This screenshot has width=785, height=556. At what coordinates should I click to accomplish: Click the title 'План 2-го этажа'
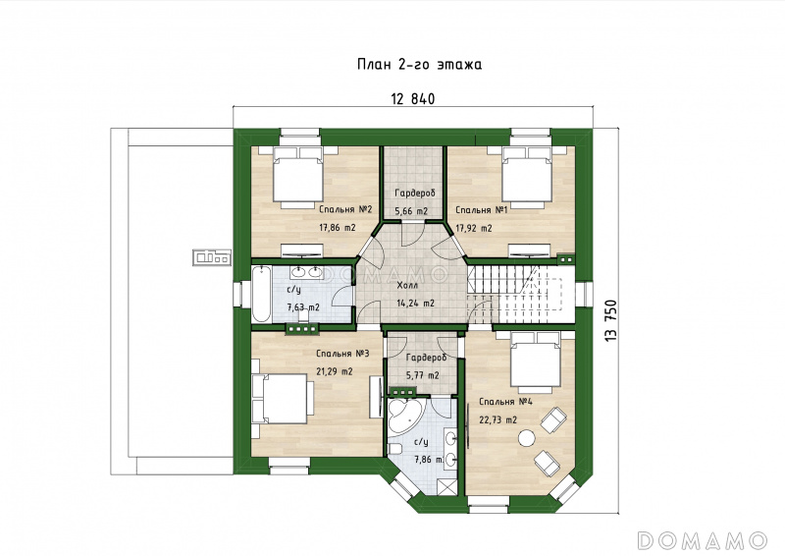(420, 65)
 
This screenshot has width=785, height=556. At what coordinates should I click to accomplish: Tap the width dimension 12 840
(412, 99)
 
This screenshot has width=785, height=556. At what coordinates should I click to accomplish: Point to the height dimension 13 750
(610, 321)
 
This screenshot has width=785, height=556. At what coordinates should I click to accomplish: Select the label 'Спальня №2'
(346, 209)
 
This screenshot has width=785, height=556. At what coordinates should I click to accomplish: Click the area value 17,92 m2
(474, 229)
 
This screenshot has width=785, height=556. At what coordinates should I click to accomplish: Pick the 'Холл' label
(407, 286)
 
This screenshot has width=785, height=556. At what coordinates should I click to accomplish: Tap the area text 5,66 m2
(411, 211)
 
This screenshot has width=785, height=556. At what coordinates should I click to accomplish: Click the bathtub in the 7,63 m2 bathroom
(261, 295)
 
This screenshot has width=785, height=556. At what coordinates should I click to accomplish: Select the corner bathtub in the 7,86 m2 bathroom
(403, 416)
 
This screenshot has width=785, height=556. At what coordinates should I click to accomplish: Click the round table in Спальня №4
(526, 439)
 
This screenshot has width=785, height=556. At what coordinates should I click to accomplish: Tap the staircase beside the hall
(521, 295)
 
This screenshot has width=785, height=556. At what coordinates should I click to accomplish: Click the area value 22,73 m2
(498, 420)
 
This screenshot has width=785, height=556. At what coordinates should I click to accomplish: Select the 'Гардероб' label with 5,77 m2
(426, 358)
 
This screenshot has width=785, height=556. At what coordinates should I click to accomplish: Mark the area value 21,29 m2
(335, 372)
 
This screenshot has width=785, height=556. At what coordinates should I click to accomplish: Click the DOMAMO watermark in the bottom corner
(702, 540)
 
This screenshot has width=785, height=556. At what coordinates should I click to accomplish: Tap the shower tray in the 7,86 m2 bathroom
(447, 485)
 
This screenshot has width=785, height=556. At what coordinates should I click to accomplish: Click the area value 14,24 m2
(415, 304)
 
